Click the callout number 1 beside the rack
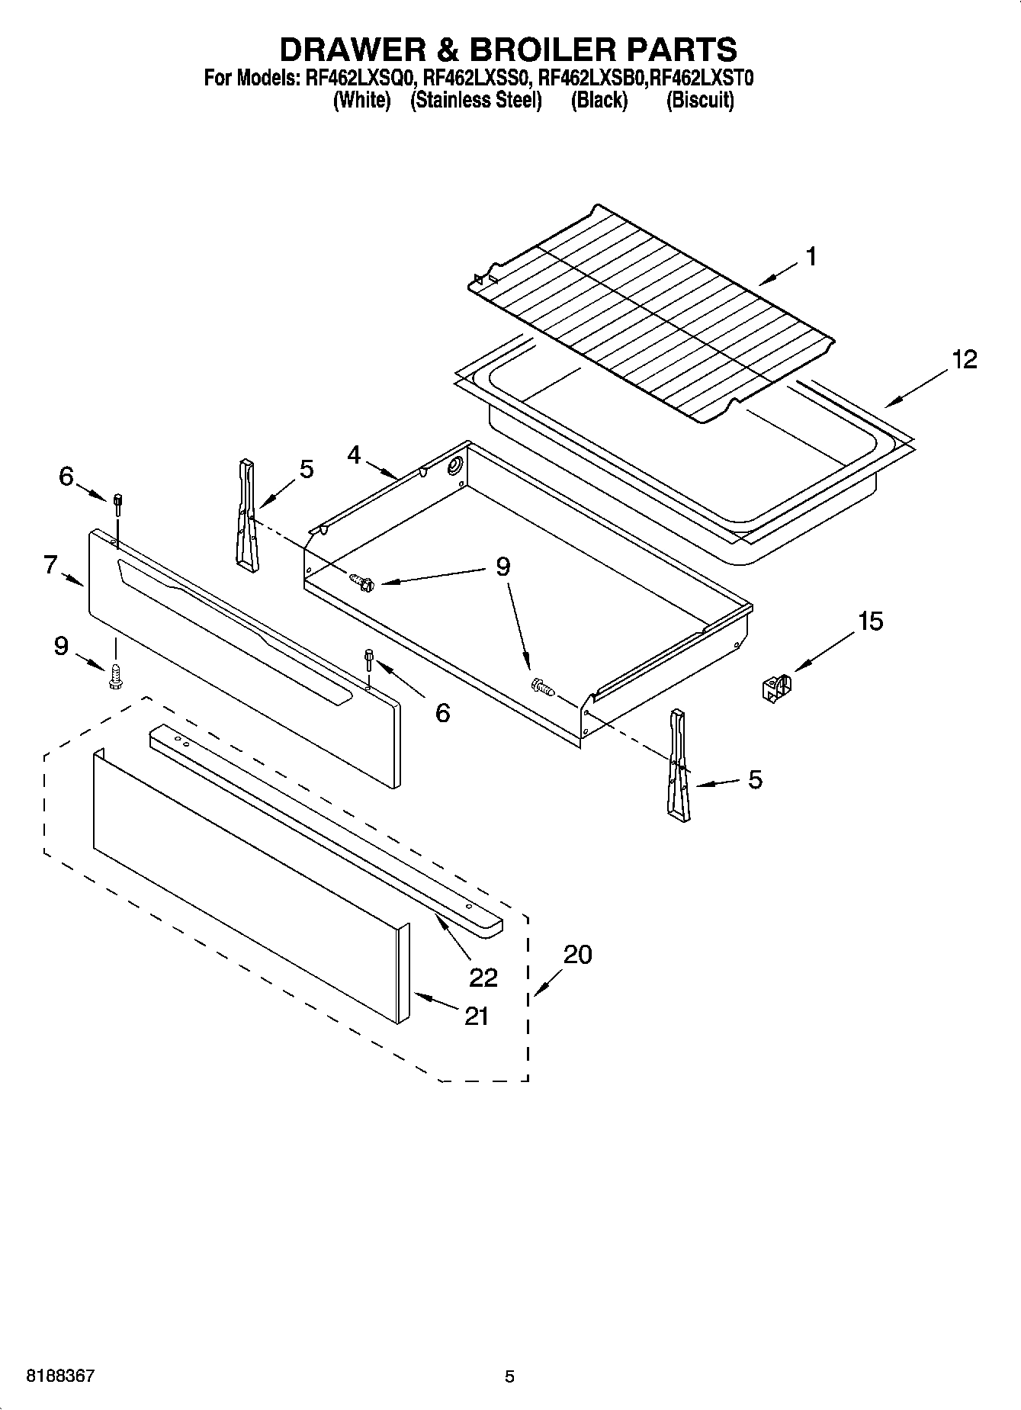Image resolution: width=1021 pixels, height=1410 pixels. pos(811,257)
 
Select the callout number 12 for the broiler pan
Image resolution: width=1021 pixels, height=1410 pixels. pos(964,359)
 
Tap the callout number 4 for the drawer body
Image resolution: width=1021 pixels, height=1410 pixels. pos(354,455)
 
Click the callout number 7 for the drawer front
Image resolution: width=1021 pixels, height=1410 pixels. pos(50,565)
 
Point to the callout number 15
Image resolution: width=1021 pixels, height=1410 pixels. pos(870,621)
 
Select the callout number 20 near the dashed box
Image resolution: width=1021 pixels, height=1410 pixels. pos(577,954)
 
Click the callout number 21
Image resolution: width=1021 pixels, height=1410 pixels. pos(477,1016)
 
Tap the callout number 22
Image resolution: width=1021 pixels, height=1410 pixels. pos(483,977)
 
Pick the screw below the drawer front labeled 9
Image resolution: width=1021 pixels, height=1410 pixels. pos(116,676)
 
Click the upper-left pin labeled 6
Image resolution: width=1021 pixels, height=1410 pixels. pos(118,504)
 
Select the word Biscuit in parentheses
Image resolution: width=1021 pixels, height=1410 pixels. pos(700,101)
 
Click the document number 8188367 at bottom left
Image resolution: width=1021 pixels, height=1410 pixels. pos(60,1376)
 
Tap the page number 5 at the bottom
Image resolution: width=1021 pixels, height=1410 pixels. pos(509,1376)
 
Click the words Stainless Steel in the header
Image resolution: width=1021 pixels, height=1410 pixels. pos(476,101)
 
